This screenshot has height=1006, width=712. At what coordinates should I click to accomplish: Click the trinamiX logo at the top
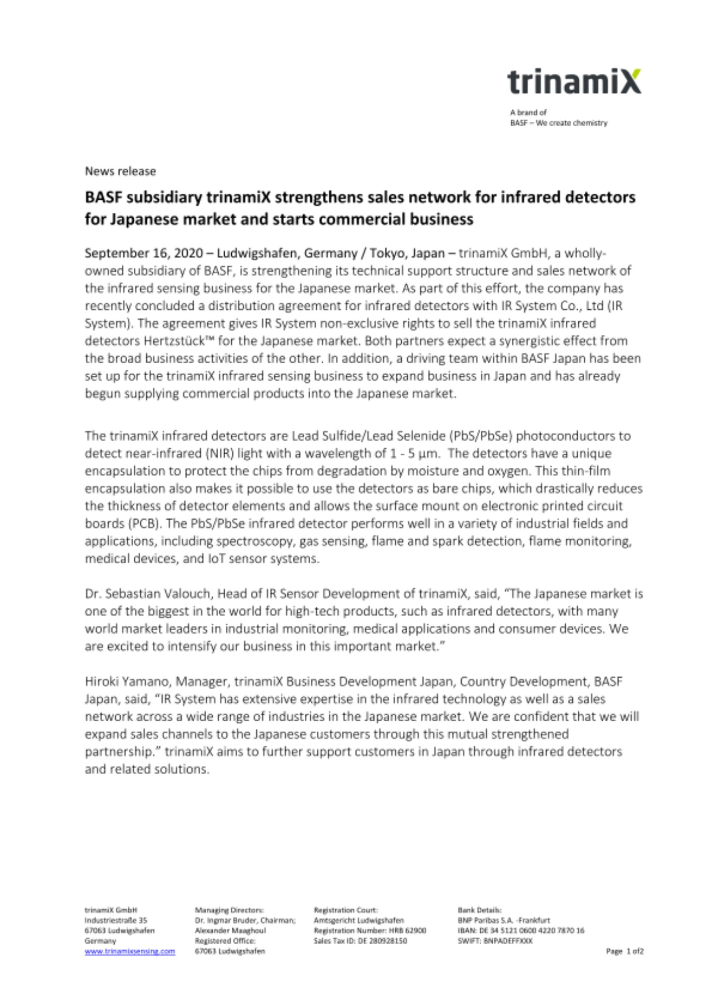tap(574, 82)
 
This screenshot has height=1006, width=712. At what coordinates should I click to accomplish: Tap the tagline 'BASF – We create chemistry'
tap(558, 123)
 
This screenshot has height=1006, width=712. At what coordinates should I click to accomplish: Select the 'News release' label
tap(120, 171)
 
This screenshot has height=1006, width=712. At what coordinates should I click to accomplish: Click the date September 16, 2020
tap(144, 253)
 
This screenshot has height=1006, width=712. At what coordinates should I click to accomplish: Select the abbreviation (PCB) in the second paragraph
tap(141, 523)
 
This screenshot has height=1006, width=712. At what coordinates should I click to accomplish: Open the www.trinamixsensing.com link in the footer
tap(130, 951)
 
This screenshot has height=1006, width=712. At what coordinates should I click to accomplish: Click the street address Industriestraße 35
tap(116, 920)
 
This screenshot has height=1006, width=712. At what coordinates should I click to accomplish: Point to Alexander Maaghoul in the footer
tap(230, 931)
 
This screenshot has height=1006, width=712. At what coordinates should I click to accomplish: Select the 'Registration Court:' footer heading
tap(346, 910)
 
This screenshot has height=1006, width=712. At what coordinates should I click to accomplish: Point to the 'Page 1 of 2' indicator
tap(625, 951)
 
